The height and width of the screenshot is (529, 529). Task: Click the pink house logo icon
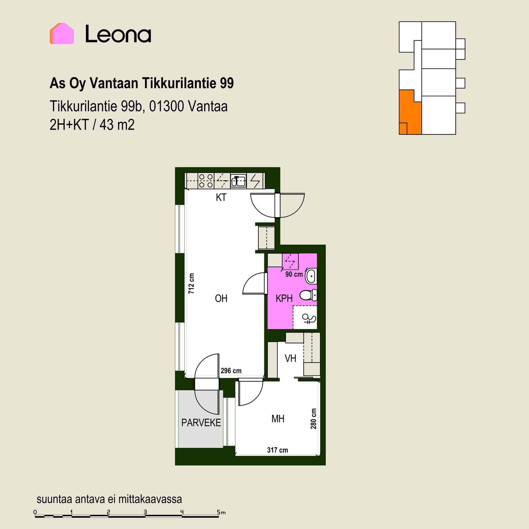click(62, 33)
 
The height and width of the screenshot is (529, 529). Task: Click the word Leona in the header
click(118, 34)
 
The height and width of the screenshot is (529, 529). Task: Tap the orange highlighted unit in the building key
click(410, 112)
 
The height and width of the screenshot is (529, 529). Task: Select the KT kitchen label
click(221, 198)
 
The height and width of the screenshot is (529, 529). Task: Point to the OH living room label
click(221, 298)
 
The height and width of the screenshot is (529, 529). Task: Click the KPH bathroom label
click(284, 298)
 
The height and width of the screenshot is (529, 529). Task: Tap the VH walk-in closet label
click(290, 358)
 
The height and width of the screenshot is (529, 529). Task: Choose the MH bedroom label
click(278, 419)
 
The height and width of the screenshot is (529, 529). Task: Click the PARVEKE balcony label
click(201, 423)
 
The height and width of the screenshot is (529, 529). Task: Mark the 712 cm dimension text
click(191, 284)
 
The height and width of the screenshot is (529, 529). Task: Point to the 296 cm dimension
click(231, 371)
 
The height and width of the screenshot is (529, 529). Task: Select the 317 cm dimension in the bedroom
click(277, 450)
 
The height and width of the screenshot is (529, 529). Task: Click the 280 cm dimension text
click(313, 419)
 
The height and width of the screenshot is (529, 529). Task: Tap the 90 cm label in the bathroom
click(294, 274)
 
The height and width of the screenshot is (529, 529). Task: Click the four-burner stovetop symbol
click(206, 181)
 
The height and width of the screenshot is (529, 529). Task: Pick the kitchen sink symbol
click(238, 181)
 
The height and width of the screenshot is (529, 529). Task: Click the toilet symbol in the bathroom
click(308, 295)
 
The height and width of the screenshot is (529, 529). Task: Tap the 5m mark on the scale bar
click(221, 512)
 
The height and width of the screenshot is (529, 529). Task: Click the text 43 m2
click(117, 125)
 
